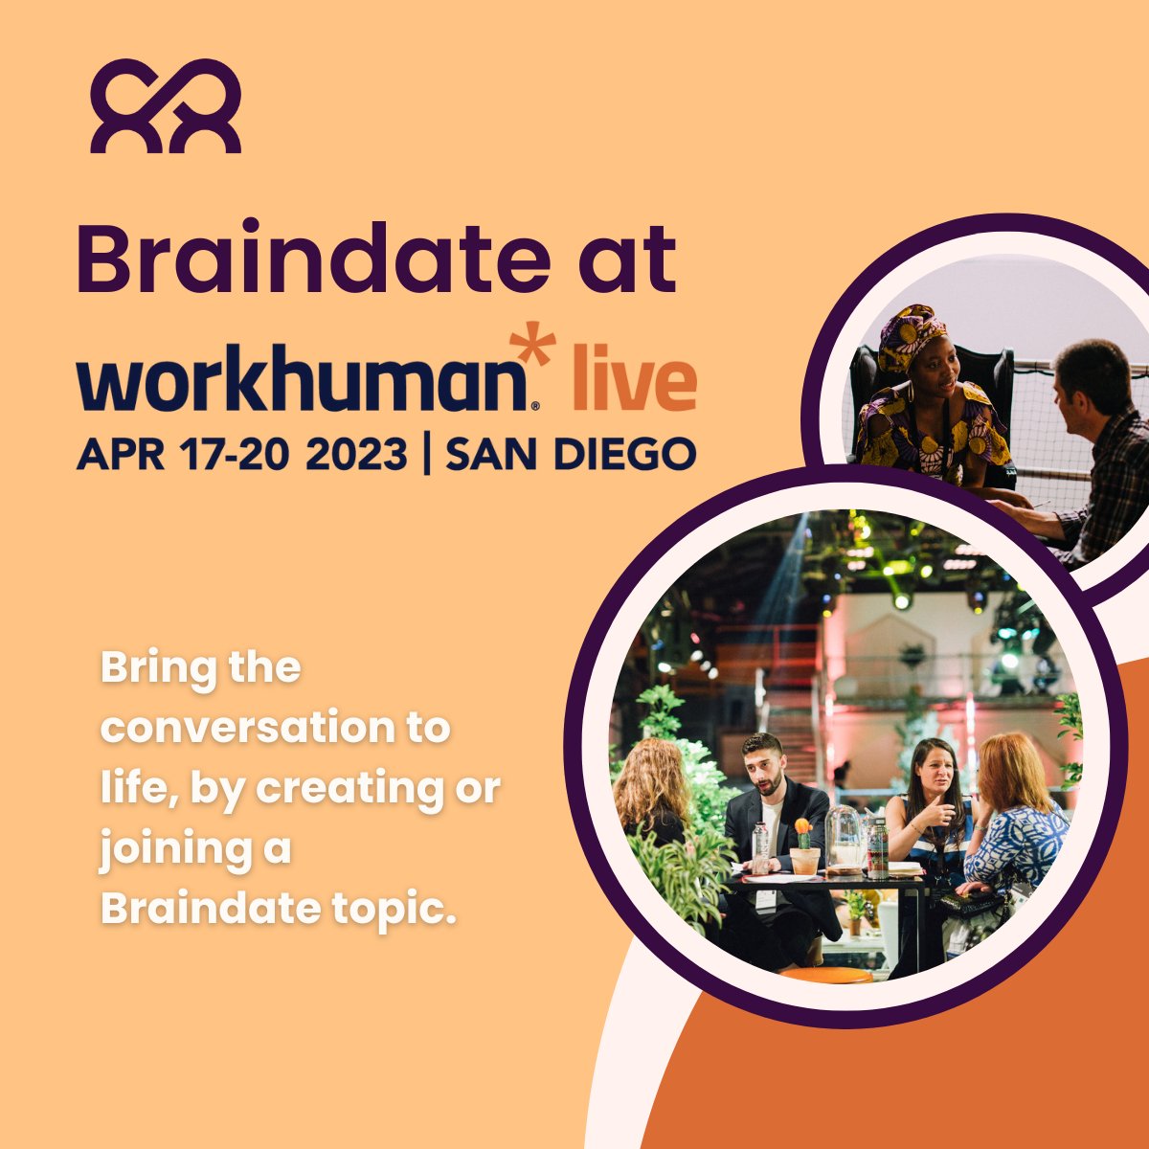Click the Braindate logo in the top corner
point(166,105)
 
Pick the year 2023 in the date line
point(356,453)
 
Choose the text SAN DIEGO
point(571,453)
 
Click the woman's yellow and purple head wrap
point(911,335)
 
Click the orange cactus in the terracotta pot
point(802,833)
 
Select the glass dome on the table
point(845,835)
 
